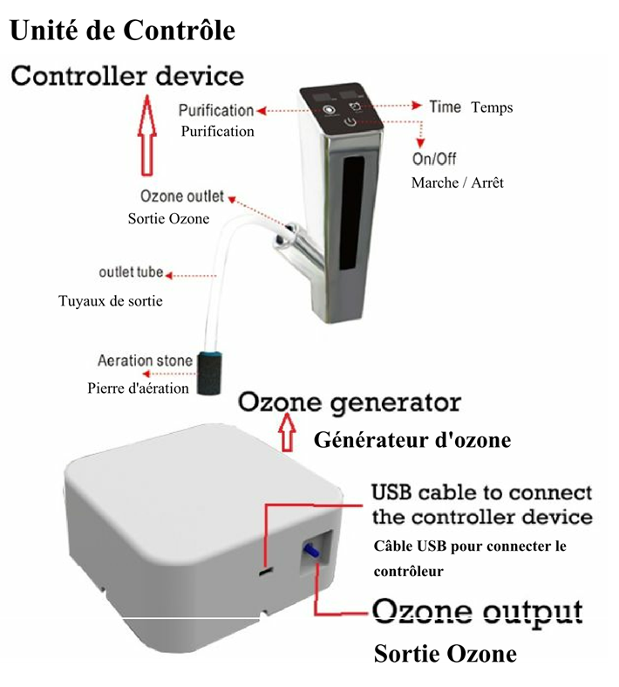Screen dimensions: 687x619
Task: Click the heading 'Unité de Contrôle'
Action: tap(122, 31)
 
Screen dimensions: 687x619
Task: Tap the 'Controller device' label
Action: tap(127, 76)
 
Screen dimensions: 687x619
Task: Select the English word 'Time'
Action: tap(445, 106)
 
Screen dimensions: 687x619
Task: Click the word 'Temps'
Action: tap(492, 108)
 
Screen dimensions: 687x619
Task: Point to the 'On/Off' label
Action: tap(433, 159)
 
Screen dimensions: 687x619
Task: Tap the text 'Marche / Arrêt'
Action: tap(457, 183)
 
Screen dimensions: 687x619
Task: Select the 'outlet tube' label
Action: tap(131, 272)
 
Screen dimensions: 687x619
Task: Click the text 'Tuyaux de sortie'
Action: tap(111, 301)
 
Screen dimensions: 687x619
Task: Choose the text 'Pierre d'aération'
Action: tap(138, 388)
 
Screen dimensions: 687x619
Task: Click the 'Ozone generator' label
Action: tap(349, 403)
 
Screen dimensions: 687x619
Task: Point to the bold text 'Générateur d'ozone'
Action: tap(412, 441)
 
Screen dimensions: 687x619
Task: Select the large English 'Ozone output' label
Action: tap(477, 611)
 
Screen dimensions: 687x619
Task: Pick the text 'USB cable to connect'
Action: tap(481, 492)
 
